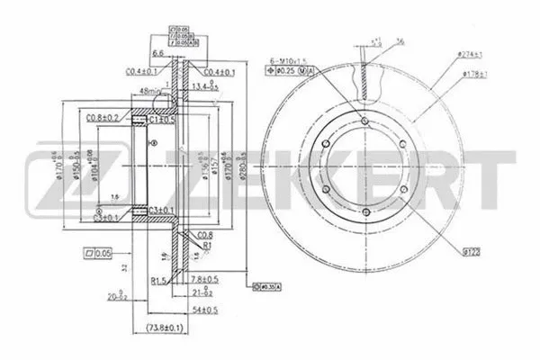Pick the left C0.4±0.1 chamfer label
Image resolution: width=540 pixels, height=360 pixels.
(x=142, y=71)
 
